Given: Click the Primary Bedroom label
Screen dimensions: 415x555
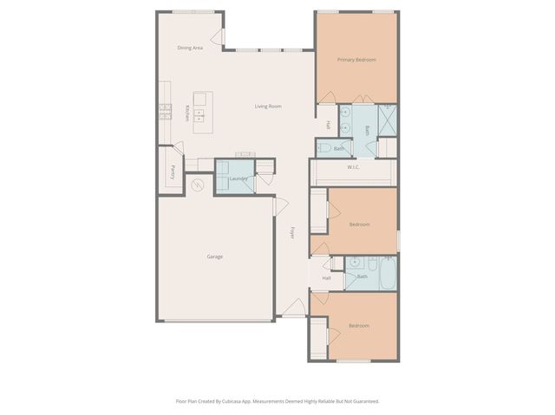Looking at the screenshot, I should [357, 60].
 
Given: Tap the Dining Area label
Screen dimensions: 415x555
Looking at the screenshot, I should [190, 48].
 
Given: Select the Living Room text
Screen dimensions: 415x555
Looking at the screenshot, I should [268, 107].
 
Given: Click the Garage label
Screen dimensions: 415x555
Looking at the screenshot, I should [215, 257].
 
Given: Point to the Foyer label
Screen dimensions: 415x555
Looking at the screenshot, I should [292, 233].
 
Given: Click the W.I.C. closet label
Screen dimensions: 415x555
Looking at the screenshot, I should [353, 167].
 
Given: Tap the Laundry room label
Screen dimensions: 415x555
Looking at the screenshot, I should [238, 179].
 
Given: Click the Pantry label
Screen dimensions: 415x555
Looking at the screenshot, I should [173, 172].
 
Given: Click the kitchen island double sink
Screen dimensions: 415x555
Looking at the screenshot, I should [200, 113].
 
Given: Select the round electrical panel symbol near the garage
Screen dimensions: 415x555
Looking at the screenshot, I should [196, 185].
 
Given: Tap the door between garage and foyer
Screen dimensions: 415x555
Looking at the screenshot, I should [280, 206].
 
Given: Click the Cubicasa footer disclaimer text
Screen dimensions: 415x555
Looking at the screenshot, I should [277, 401].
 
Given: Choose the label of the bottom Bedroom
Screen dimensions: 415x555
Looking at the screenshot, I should [359, 326].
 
